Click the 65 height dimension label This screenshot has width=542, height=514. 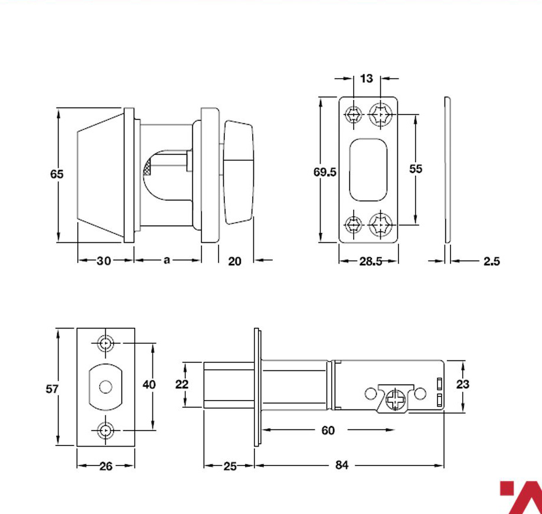coord(57,174)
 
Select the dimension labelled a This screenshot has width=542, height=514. coord(166,260)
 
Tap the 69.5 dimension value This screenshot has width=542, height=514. coord(325,172)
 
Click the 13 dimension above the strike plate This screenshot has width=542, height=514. coord(367,79)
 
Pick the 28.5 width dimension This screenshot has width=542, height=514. coord(371,261)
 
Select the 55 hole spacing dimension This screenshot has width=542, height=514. coord(416,169)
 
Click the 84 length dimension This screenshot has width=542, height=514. coord(341,465)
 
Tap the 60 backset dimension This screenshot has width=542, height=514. coord(328,430)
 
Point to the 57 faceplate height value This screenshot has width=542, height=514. coord(52,389)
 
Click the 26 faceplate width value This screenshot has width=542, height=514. coord(106,466)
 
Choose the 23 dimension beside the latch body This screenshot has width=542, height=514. coord(462,384)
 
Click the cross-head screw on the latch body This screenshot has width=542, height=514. coord(396,399)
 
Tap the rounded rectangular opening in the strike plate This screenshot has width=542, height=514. coord(368,170)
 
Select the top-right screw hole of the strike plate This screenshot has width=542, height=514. coord(381,114)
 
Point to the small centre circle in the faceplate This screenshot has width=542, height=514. coord(106,387)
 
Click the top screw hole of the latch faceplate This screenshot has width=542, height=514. coord(106,343)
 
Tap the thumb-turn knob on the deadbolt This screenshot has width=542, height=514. coord(239,173)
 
